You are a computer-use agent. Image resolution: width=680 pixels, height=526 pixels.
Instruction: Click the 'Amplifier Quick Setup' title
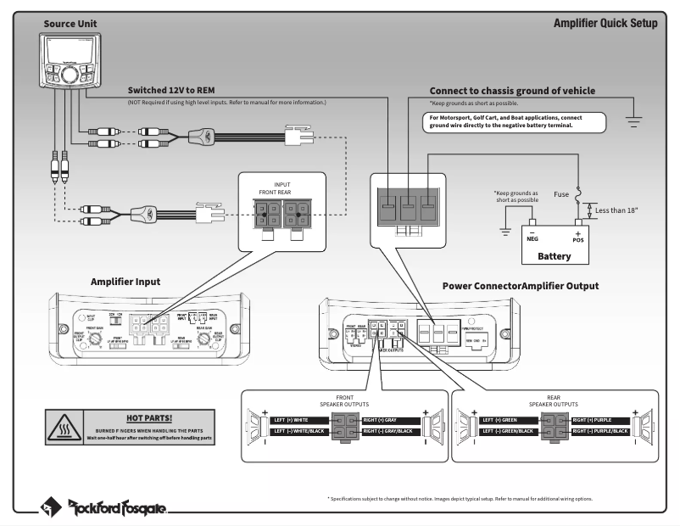pyautogui.click(x=605, y=23)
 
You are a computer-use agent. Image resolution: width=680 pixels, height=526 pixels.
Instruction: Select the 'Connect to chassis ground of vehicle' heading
pyautogui.click(x=512, y=91)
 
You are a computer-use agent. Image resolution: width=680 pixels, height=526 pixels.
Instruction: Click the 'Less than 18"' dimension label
pyautogui.click(x=617, y=210)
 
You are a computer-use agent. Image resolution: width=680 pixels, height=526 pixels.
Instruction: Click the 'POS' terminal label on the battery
pyautogui.click(x=579, y=239)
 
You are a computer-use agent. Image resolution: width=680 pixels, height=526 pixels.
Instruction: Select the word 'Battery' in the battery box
pyautogui.click(x=555, y=255)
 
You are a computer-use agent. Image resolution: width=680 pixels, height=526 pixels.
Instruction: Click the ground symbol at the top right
pyautogui.click(x=633, y=120)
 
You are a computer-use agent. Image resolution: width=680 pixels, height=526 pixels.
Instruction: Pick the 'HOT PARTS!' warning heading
pyautogui.click(x=148, y=417)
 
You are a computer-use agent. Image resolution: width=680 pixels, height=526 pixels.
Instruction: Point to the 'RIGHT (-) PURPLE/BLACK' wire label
pyautogui.click(x=600, y=432)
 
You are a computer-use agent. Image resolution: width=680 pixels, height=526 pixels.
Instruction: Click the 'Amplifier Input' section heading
pyautogui.click(x=125, y=281)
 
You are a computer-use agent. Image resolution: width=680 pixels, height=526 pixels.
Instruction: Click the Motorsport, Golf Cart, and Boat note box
pyautogui.click(x=515, y=120)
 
